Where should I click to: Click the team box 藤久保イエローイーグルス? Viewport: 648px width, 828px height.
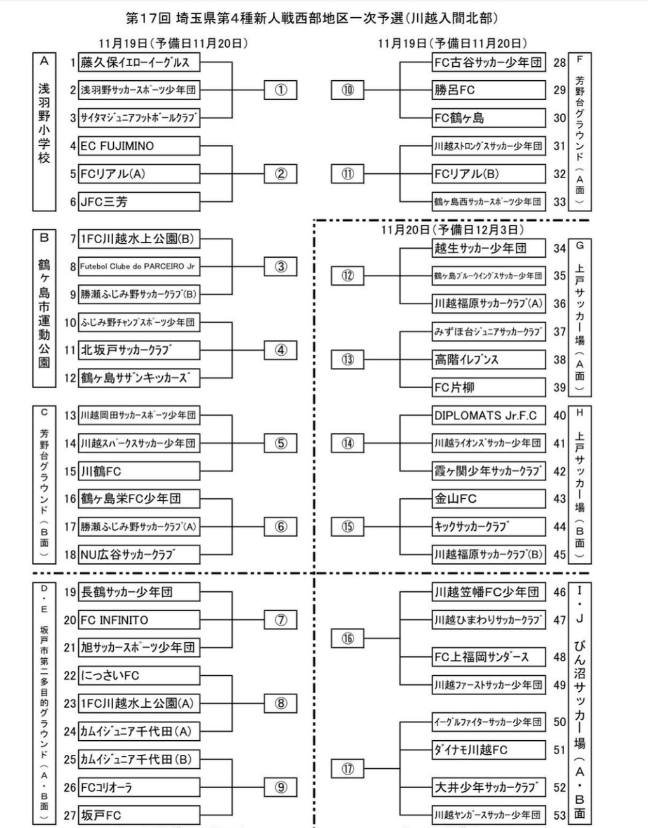(139, 62)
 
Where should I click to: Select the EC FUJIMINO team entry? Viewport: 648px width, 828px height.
(139, 146)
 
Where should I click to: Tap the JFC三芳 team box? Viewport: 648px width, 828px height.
(139, 202)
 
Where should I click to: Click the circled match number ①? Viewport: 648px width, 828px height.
(280, 90)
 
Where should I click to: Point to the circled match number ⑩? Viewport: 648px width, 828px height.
(347, 90)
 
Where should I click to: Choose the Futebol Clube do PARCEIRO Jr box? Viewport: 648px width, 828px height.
(139, 267)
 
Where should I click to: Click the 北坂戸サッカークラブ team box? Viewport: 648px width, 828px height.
(139, 350)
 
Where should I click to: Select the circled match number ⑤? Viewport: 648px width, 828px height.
(280, 444)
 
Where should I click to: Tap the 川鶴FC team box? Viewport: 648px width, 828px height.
(139, 472)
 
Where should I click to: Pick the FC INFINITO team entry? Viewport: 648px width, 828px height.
(139, 620)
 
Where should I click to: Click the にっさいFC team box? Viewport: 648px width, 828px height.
(139, 675)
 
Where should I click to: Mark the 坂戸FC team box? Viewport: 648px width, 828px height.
(139, 815)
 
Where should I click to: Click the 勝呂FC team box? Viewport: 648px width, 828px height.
(488, 90)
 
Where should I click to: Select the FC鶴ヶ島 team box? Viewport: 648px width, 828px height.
(488, 118)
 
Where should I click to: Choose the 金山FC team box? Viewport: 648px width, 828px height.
(488, 499)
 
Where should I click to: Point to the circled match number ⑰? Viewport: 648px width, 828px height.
(347, 769)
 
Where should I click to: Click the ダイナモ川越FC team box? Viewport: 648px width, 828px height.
(488, 750)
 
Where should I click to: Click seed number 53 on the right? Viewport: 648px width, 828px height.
(560, 815)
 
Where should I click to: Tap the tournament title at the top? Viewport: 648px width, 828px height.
(312, 18)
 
